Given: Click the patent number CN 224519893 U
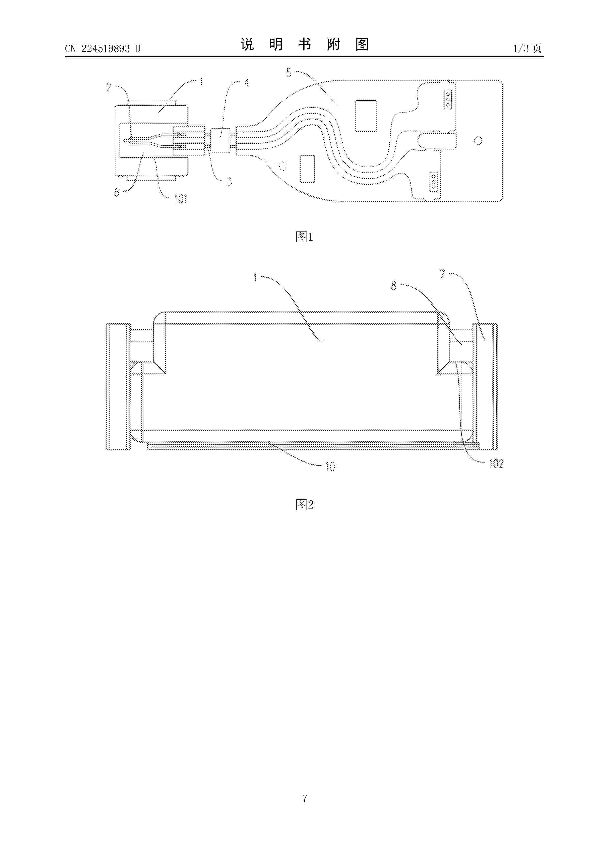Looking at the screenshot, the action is (103, 48).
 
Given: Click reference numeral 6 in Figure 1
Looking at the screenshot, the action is (117, 192).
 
